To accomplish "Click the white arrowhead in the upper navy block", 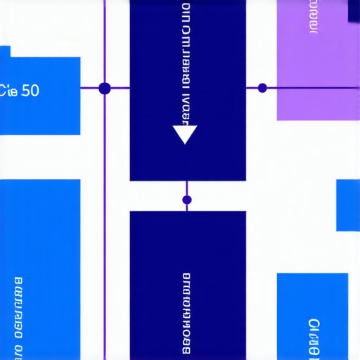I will [x=185, y=134].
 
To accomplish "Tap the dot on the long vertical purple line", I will [x=105, y=89].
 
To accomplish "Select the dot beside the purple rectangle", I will [x=262, y=88].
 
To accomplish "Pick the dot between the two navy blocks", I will [x=186, y=200].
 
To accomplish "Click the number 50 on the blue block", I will [x=30, y=91].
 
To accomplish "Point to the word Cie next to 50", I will [x=10, y=91].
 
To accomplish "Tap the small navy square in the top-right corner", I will [x=354, y=10].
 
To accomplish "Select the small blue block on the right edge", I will [x=348, y=205].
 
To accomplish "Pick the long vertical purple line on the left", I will [x=105, y=211].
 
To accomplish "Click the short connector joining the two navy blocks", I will [x=186, y=190].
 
